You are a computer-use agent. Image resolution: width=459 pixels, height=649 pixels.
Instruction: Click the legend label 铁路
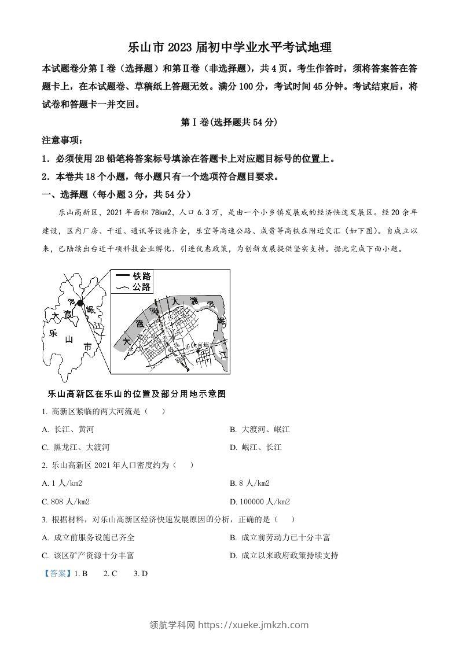[142, 276]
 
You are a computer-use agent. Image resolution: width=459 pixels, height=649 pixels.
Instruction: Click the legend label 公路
[142, 287]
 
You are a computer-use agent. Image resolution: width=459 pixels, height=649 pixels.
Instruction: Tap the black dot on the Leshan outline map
[81, 303]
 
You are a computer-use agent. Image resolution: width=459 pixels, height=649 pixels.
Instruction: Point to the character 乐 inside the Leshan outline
[52, 334]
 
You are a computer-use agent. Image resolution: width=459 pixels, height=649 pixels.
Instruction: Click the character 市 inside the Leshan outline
[87, 346]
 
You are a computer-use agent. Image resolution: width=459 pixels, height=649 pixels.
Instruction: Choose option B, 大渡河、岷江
[259, 429]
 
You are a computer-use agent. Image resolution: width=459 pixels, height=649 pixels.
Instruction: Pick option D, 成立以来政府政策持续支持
[284, 555]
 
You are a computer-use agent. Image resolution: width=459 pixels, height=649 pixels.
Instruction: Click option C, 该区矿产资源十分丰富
[88, 555]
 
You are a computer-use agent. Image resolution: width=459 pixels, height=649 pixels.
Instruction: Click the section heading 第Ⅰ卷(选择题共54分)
[229, 123]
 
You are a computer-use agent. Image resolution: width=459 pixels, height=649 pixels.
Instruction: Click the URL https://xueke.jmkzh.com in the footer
[254, 625]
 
